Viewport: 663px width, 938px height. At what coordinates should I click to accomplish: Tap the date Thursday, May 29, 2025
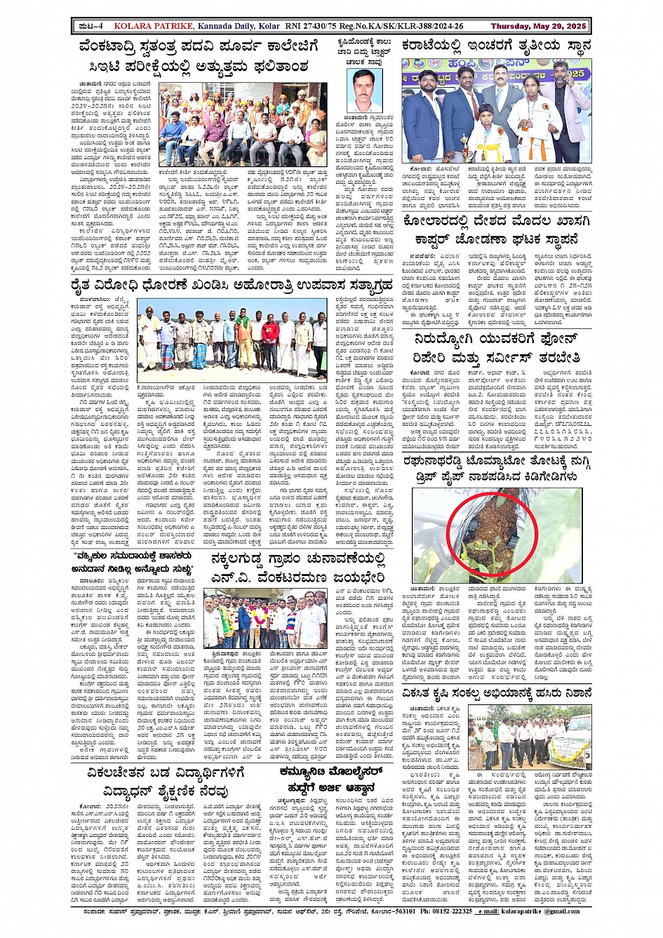click(538, 27)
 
